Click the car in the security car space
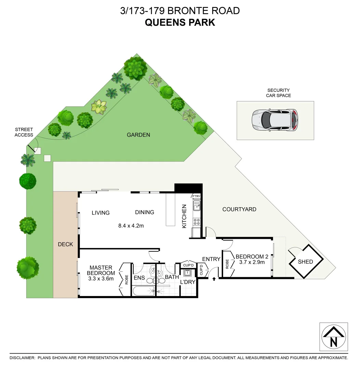[x=275, y=120]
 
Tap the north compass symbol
[x=334, y=337]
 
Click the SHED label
[x=305, y=262]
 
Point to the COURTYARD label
[x=239, y=209]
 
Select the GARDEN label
[x=138, y=135]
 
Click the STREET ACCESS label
[x=24, y=132]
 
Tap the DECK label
[x=65, y=244]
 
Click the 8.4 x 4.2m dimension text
[x=131, y=226]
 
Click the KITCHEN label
[x=184, y=217]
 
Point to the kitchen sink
[x=197, y=206]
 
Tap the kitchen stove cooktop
[x=197, y=221]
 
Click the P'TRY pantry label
[x=196, y=196]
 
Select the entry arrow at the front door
[x=214, y=279]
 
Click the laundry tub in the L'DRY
[x=188, y=273]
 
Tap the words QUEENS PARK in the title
[x=180, y=23]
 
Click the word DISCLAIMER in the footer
[x=22, y=358]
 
